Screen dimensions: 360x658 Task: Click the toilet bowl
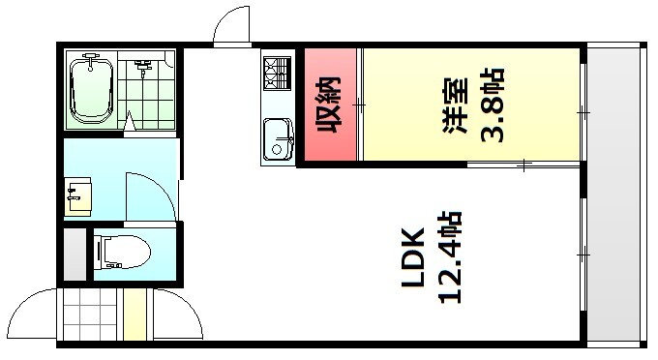pos(125,253)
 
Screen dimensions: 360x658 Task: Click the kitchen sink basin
pos(279,138)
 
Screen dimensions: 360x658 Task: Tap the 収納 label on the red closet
pos(330,106)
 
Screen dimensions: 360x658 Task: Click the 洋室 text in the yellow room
pos(455,104)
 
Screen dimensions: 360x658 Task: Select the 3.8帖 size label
pos(494,105)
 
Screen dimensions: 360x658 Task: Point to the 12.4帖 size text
pos(453,258)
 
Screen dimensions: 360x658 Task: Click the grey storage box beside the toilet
pos(75,254)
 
